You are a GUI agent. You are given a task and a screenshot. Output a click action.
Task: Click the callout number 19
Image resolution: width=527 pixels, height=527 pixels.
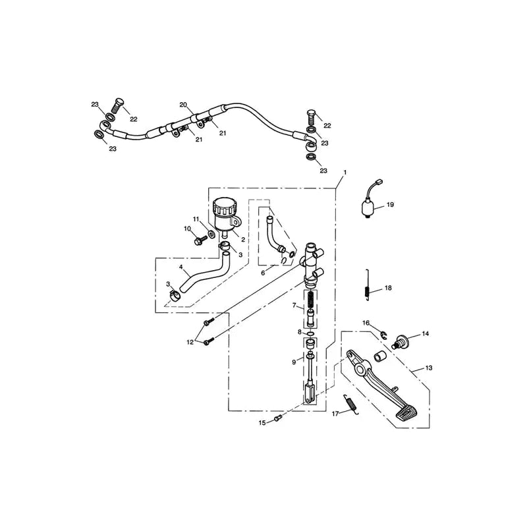pyautogui.click(x=390, y=204)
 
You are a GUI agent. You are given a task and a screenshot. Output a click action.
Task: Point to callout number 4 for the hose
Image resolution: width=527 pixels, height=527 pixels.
pyautogui.click(x=180, y=267)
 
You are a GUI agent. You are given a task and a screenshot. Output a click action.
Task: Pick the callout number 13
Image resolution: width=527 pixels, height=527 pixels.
pyautogui.click(x=429, y=368)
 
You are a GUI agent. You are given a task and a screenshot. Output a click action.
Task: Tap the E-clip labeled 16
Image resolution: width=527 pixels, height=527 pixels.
pyautogui.click(x=384, y=335)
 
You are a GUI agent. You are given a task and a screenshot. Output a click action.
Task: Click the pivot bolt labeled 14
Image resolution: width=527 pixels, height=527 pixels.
pyautogui.click(x=400, y=341)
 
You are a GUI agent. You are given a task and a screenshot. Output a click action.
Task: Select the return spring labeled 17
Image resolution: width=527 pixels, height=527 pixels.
pyautogui.click(x=350, y=402)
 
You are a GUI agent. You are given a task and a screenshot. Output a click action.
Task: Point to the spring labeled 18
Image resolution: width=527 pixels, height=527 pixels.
pyautogui.click(x=368, y=285)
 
